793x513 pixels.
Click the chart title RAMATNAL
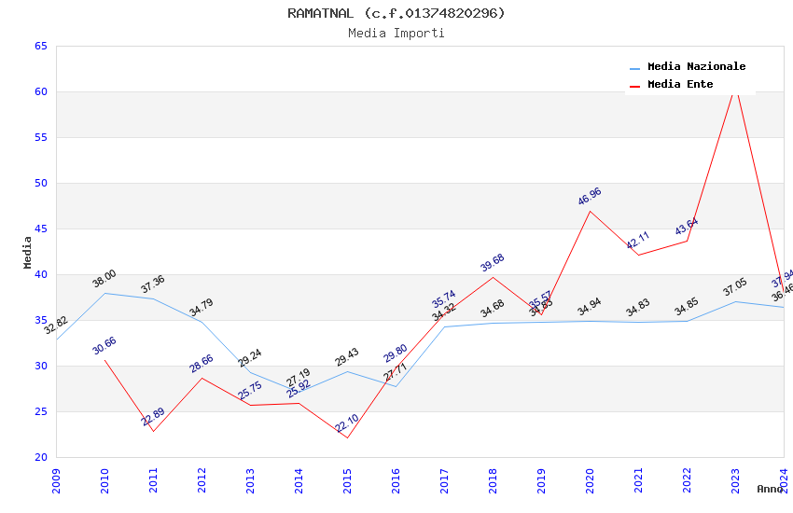point(396,13)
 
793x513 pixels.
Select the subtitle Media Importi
point(396,33)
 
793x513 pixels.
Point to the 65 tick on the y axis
point(40,46)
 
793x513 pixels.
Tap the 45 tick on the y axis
point(40,229)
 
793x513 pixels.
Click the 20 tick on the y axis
point(40,457)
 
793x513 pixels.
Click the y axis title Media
point(28,252)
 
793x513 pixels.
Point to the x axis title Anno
point(770,489)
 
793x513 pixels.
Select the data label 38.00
point(104,278)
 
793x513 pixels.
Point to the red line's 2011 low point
point(153,431)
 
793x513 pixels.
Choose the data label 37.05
point(735,287)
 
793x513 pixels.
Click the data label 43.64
point(687,227)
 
